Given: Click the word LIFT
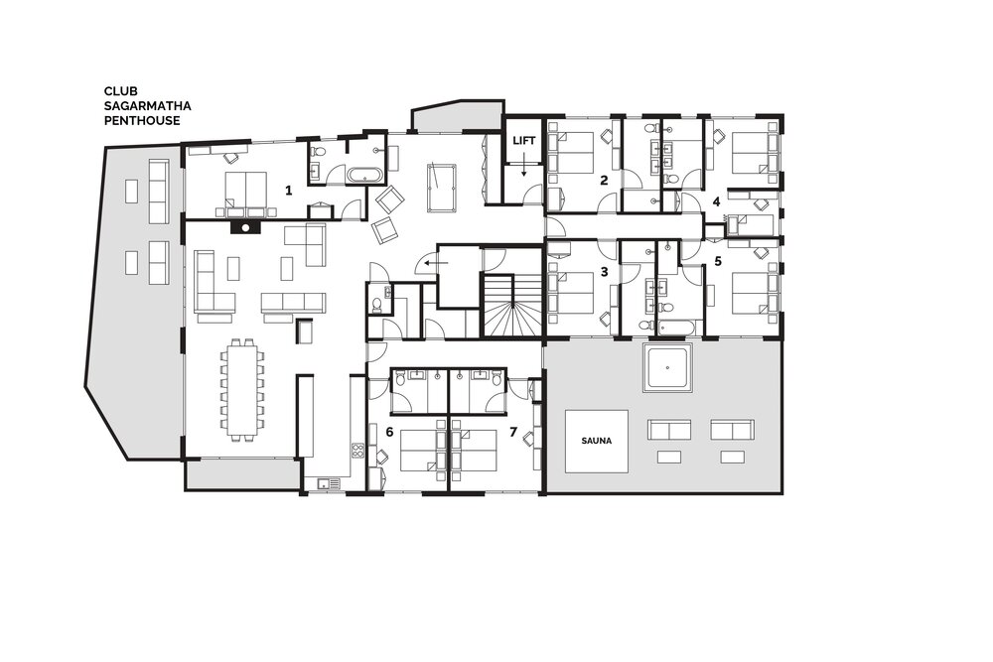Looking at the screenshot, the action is click(x=523, y=141).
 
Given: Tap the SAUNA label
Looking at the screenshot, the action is click(x=597, y=441).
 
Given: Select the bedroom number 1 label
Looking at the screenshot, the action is click(x=289, y=190).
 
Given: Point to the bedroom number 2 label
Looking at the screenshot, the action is click(x=604, y=181).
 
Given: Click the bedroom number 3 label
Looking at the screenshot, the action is click(x=604, y=272).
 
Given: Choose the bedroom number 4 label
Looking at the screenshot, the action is click(x=716, y=201).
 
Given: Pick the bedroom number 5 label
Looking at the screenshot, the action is click(x=718, y=261).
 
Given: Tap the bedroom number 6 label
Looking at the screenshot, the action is click(x=389, y=432).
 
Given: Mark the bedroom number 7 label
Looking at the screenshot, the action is click(x=513, y=432).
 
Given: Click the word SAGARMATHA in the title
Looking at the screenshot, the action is click(x=148, y=105).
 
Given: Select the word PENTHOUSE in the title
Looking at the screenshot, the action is click(x=142, y=120).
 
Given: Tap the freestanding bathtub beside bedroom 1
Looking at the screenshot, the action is click(x=364, y=176).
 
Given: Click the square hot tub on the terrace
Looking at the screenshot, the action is click(x=668, y=367).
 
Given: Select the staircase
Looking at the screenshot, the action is click(x=512, y=306).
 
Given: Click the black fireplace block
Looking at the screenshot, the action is click(x=245, y=227).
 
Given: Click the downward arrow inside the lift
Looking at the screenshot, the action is click(x=523, y=167).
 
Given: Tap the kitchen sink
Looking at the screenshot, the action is click(x=330, y=483).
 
